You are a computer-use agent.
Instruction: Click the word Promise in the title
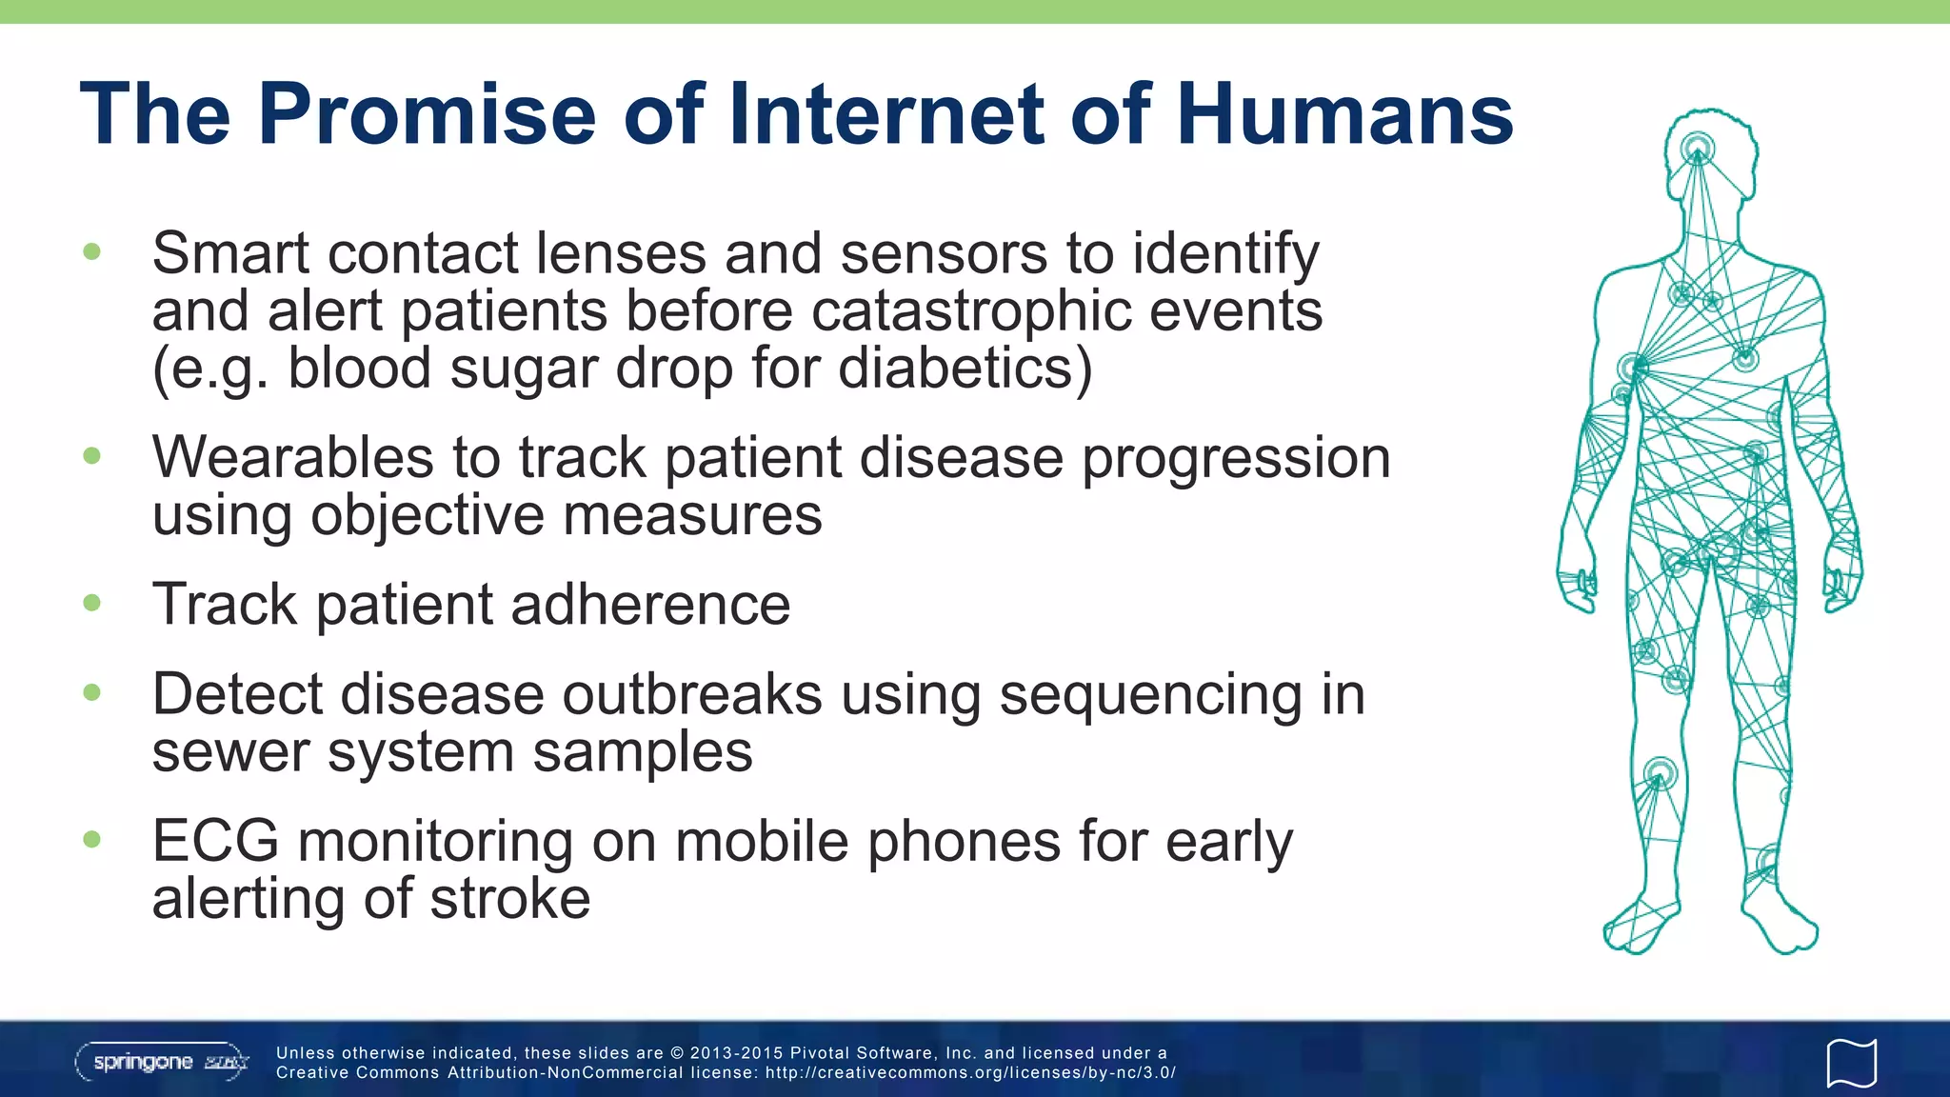tap(427, 114)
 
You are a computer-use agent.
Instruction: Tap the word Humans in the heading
tap(1344, 114)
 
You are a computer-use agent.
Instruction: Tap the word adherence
tap(650, 605)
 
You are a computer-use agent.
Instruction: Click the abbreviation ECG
tap(215, 842)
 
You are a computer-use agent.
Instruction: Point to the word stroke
tap(509, 899)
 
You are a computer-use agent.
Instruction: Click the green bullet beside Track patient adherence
tap(92, 603)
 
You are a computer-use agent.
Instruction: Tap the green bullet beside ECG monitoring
tap(92, 839)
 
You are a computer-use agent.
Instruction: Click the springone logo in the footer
tap(162, 1062)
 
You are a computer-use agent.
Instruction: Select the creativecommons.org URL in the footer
tap(970, 1073)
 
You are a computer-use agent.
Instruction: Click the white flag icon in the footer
tap(1851, 1062)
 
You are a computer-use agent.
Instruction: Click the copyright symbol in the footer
tap(677, 1053)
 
